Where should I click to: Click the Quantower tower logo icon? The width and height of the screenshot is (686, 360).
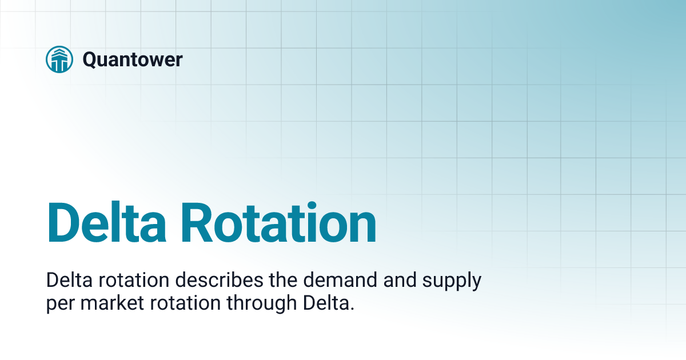click(59, 59)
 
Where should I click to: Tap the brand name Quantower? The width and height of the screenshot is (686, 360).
click(133, 59)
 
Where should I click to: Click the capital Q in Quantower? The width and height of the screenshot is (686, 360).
click(90, 59)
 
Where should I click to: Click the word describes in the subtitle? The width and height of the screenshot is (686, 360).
click(210, 281)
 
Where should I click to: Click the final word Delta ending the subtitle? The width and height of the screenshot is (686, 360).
click(323, 303)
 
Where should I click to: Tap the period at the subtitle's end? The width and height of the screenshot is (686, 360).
click(352, 308)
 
